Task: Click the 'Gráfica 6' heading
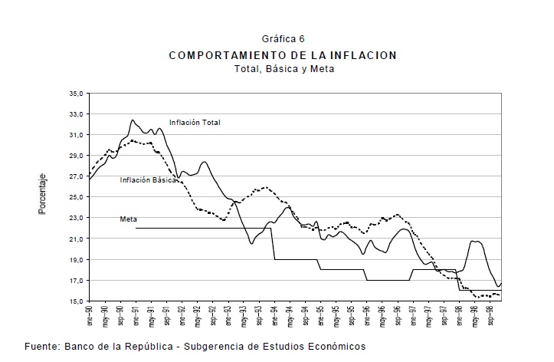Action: tap(283, 38)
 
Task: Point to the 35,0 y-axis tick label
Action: tap(77, 94)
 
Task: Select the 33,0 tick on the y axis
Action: tap(77, 114)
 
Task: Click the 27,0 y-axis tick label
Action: tap(77, 176)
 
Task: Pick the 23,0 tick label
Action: tap(77, 219)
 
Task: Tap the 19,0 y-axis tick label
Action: tap(77, 260)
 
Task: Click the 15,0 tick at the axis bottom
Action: tap(77, 301)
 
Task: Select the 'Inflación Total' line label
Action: tap(195, 122)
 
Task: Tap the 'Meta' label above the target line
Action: tap(128, 219)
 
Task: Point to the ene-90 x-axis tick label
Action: tap(90, 314)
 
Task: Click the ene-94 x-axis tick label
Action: tap(274, 314)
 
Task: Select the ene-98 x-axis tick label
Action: tap(459, 314)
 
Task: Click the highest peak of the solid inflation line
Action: tap(133, 120)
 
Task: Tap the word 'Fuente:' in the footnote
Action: tap(43, 347)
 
